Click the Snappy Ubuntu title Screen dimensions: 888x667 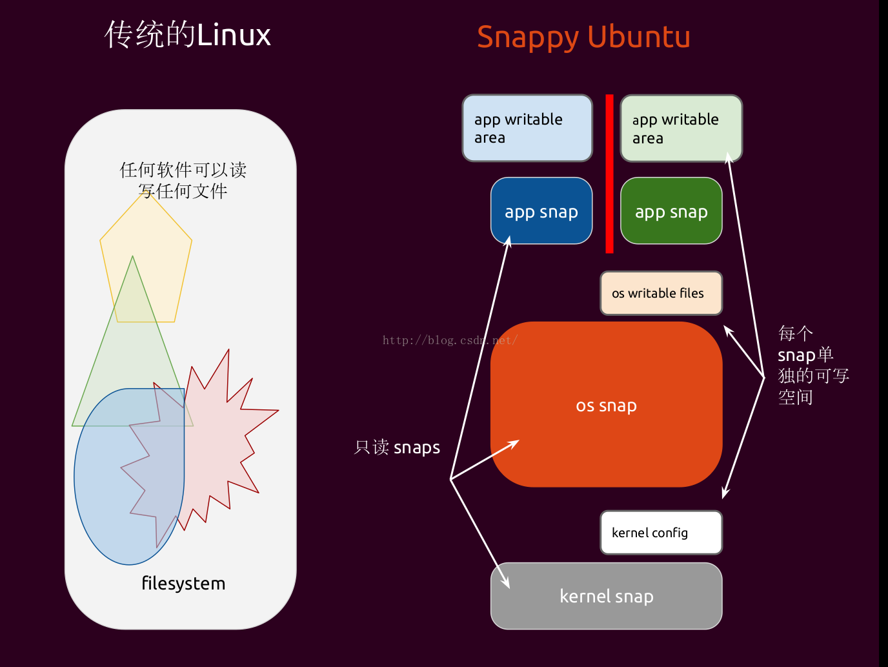point(583,37)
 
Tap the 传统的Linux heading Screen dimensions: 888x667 point(187,35)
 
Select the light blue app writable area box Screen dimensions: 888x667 point(527,128)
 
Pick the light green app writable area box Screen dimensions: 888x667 point(681,128)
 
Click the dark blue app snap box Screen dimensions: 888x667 point(541,211)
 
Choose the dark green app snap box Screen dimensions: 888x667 point(671,211)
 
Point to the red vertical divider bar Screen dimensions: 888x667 point(609,174)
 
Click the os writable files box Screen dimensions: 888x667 point(661,293)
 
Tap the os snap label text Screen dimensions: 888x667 point(606,405)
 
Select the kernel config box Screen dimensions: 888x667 point(661,533)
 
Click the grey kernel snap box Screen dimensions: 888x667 point(606,596)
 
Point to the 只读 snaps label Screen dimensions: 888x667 point(397,447)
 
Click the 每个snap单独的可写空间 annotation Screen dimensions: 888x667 point(813,365)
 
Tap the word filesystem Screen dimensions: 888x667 point(183,584)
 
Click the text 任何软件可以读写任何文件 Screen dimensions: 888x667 point(183,181)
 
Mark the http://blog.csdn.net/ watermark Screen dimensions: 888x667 point(450,340)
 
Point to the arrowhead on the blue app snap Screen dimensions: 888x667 point(508,241)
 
